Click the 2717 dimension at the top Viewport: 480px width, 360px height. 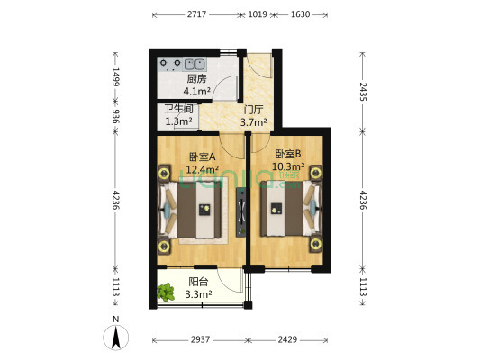(x=196, y=14)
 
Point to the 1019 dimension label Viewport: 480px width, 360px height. (x=258, y=14)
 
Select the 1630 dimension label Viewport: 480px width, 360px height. (x=300, y=14)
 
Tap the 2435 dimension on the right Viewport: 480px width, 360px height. (x=362, y=92)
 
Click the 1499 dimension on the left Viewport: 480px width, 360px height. (x=115, y=76)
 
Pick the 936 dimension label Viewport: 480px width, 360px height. (x=115, y=116)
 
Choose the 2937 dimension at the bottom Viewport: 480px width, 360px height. (x=200, y=339)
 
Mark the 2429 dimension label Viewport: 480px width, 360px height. (x=287, y=339)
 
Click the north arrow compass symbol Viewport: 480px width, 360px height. (x=115, y=337)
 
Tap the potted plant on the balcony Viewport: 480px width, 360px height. (x=166, y=292)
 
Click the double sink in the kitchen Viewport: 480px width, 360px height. (x=195, y=65)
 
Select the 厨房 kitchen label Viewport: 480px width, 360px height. (x=196, y=79)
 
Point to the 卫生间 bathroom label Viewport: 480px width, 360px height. (x=178, y=109)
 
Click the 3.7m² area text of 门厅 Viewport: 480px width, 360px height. (x=253, y=122)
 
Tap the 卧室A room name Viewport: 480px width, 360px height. (x=203, y=157)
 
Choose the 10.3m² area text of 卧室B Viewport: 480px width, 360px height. (x=288, y=166)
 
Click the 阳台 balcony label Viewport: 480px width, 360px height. (x=198, y=282)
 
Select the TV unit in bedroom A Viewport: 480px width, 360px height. (x=241, y=211)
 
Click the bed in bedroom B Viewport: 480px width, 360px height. (x=291, y=209)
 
